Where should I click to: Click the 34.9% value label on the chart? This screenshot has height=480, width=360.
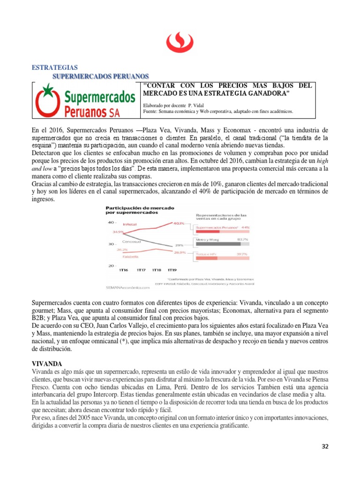[117, 232]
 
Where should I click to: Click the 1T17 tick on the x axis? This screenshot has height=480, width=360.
[141, 270]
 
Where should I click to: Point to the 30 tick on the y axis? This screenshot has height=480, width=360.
[112, 244]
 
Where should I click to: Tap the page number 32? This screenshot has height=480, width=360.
[325, 446]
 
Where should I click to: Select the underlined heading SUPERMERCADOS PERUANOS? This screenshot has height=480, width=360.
[100, 75]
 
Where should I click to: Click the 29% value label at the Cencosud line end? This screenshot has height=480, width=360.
[179, 245]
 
